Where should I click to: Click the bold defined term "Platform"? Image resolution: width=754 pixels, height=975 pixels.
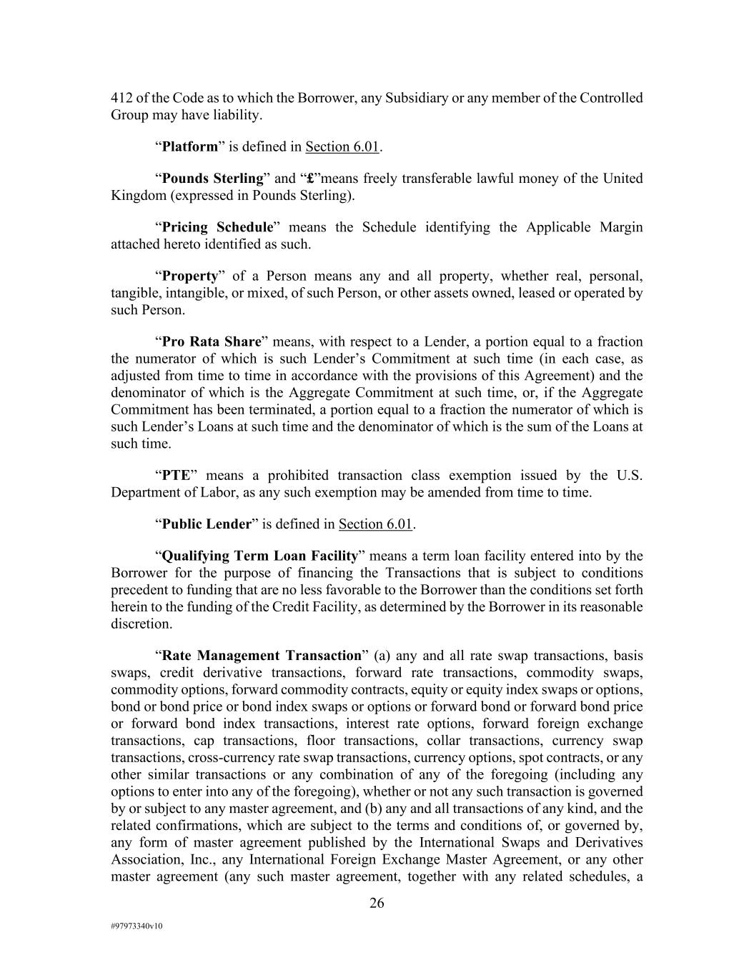190,147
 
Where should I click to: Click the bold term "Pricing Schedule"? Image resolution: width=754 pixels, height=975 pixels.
218,227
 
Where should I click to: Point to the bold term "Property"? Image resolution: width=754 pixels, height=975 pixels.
189,276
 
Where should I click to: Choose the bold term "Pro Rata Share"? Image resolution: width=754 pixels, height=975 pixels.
211,341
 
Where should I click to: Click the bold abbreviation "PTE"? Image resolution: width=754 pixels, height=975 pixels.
176,476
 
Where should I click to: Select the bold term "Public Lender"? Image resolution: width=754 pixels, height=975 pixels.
207,524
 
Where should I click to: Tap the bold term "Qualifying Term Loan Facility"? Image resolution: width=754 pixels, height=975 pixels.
259,556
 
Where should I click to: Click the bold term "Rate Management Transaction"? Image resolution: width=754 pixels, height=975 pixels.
262,656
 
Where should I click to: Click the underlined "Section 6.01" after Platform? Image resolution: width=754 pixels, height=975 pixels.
342,147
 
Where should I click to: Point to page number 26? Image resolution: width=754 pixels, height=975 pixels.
377,904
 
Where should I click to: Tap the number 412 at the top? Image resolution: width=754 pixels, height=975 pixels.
121,98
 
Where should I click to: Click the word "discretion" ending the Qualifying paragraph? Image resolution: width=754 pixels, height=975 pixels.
140,624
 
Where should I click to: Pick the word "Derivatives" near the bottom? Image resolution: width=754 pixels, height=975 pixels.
606,842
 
